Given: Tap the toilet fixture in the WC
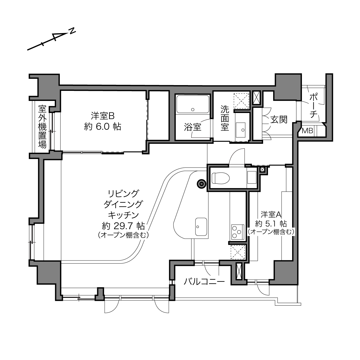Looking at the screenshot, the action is click(221, 178).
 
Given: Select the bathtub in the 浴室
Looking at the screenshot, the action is click(193, 104).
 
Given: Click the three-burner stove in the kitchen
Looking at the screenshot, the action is click(238, 232).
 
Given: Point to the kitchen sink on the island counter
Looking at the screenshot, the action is click(201, 227).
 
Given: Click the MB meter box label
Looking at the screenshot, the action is click(307, 131).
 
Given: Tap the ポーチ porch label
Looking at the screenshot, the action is click(314, 106).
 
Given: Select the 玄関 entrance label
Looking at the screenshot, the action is click(279, 120).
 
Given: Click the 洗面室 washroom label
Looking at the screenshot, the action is click(225, 118).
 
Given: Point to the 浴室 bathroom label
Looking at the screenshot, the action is click(193, 127).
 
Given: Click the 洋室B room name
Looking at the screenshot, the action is click(103, 116).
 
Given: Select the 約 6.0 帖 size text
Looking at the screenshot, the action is click(103, 127).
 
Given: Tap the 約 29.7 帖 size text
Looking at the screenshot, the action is click(123, 226).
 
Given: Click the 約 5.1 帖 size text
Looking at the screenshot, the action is click(271, 224).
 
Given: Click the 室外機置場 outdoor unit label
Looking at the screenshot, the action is click(42, 127).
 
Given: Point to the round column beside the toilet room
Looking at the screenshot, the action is click(201, 184).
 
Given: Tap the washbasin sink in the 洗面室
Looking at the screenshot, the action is click(241, 130).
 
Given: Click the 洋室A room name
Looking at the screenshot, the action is click(271, 215).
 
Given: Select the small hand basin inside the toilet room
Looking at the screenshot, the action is click(252, 177).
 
